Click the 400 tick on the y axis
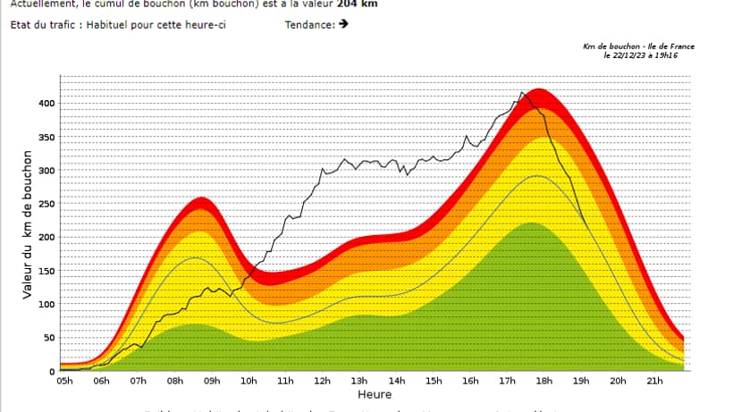(46, 104)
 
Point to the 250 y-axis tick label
(46, 204)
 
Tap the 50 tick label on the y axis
(48, 338)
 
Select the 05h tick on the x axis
(64, 381)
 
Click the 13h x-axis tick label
(359, 381)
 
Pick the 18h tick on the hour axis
(543, 381)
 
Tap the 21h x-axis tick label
(654, 381)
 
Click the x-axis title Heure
(374, 394)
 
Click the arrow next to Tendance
(343, 24)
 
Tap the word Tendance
(309, 24)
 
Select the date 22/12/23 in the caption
(622, 55)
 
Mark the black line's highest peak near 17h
(522, 92)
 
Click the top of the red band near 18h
(537, 89)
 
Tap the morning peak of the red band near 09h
(201, 198)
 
